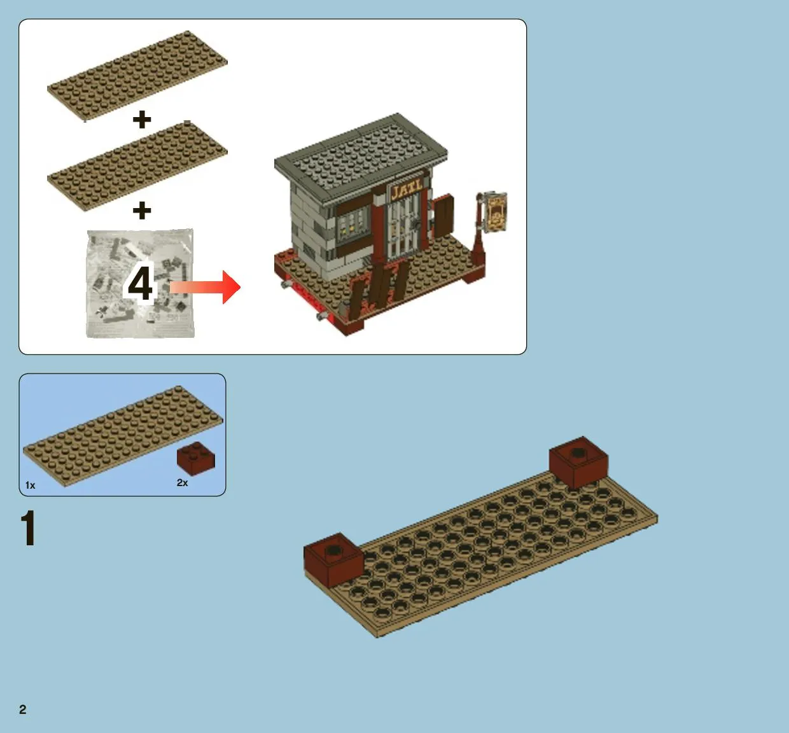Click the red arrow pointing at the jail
coord(205,287)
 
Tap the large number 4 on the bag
coord(140,283)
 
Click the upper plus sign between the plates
coord(142,120)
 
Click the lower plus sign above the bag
coord(142,211)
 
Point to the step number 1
coord(29,528)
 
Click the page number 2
coord(23,709)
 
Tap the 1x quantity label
coord(30,485)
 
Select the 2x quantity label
coord(183,483)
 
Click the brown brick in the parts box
coord(196,459)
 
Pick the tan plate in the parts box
coord(122,436)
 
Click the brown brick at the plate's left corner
coord(333,559)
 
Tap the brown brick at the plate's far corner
coord(578,463)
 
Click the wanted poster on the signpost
coord(496,212)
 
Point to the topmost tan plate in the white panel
coord(137,76)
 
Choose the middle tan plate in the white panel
coord(137,166)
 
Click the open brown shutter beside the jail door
coord(443,215)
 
